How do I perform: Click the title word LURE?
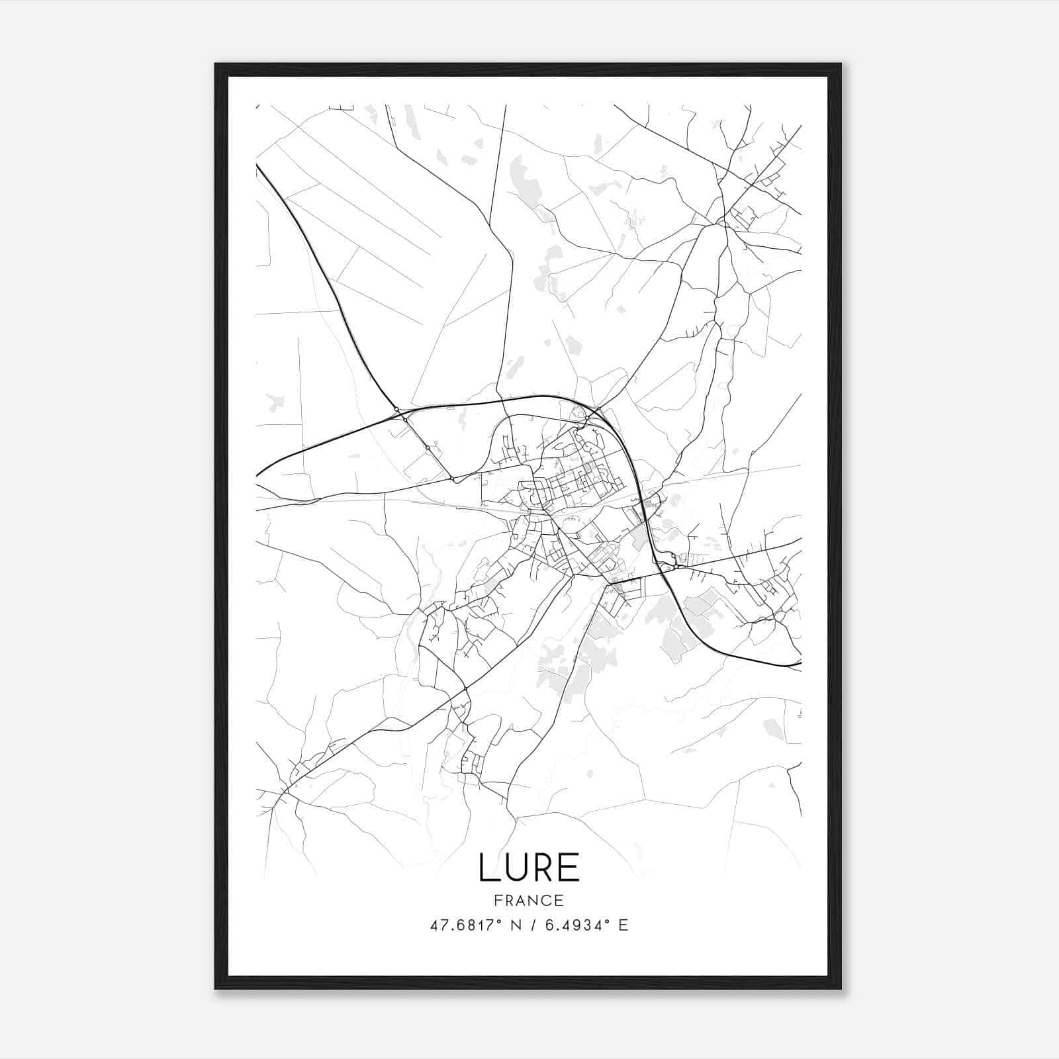pyautogui.click(x=529, y=868)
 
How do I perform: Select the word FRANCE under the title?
pyautogui.click(x=529, y=900)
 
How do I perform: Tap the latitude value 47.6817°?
pyautogui.click(x=461, y=925)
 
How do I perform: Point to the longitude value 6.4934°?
pyautogui.click(x=575, y=925)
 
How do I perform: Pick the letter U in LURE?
pyautogui.click(x=515, y=868)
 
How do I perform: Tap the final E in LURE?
pyautogui.click(x=570, y=868)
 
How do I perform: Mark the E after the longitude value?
pyautogui.click(x=623, y=925)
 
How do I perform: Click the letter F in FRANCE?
pyautogui.click(x=498, y=900)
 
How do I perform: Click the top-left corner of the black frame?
pyautogui.click(x=216, y=64)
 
